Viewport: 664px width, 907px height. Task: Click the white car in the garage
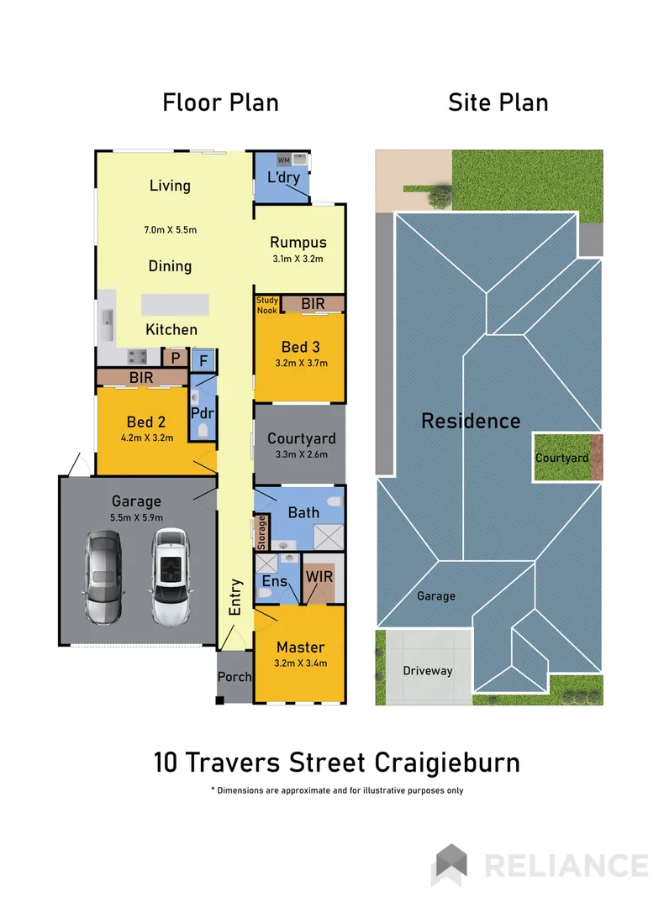tap(172, 576)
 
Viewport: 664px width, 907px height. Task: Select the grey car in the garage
tap(104, 580)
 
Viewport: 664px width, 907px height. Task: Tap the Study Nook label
tap(266, 304)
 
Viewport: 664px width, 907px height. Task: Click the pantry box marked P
tap(176, 358)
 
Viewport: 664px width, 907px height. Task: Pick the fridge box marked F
tap(203, 361)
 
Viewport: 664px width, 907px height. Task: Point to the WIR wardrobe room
tap(319, 579)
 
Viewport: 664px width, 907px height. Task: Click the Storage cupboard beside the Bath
tap(261, 531)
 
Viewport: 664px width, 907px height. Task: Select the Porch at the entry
tap(235, 677)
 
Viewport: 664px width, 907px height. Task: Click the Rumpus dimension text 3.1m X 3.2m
tap(298, 259)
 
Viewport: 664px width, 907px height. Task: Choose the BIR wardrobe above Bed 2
tap(141, 378)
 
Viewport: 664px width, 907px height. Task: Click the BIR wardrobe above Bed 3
tap(312, 303)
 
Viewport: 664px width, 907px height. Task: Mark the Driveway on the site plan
tap(427, 670)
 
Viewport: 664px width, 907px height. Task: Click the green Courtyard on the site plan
tap(561, 458)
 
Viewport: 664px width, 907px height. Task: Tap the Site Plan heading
tap(498, 102)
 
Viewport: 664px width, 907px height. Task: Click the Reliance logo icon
tap(449, 864)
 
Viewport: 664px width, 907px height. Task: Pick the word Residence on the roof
tap(470, 421)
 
